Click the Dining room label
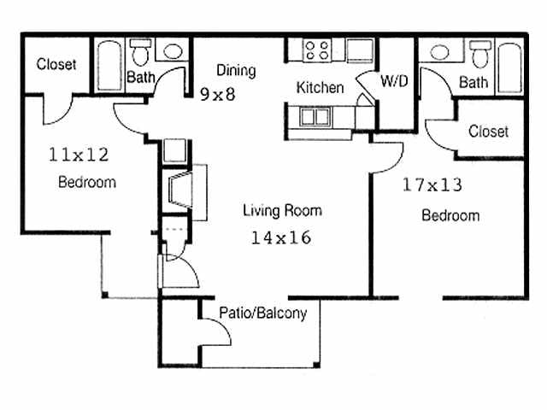click(235, 71)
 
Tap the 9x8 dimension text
click(217, 93)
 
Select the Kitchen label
click(320, 87)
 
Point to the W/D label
click(393, 83)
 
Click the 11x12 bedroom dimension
click(79, 155)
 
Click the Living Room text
click(282, 210)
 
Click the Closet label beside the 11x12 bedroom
click(56, 64)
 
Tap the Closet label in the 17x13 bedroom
click(488, 131)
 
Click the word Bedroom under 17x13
click(450, 215)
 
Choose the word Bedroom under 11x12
click(87, 182)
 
